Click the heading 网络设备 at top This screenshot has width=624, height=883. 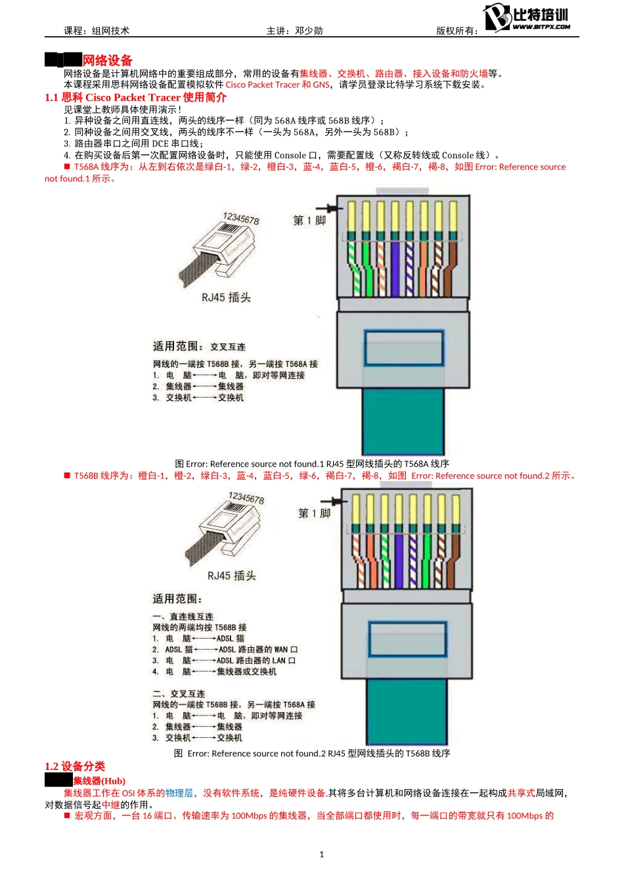[x=107, y=60]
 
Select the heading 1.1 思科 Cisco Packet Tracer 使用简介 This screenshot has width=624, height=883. [x=135, y=97]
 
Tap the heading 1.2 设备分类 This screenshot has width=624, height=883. [x=75, y=766]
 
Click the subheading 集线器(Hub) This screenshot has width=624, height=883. [x=99, y=781]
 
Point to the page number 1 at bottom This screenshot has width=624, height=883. [x=321, y=854]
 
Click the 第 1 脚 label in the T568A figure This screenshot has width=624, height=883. [x=309, y=221]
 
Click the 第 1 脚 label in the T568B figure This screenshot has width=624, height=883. [x=315, y=513]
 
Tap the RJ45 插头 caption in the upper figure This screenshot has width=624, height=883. [x=226, y=298]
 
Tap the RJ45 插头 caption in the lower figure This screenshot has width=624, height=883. [x=231, y=576]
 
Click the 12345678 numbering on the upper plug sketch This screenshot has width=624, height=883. [x=240, y=219]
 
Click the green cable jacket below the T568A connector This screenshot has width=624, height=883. [x=403, y=420]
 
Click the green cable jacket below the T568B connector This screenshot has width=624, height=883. [x=407, y=710]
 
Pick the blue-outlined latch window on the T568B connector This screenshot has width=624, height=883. [x=407, y=638]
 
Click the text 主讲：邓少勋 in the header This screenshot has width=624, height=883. [x=294, y=31]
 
